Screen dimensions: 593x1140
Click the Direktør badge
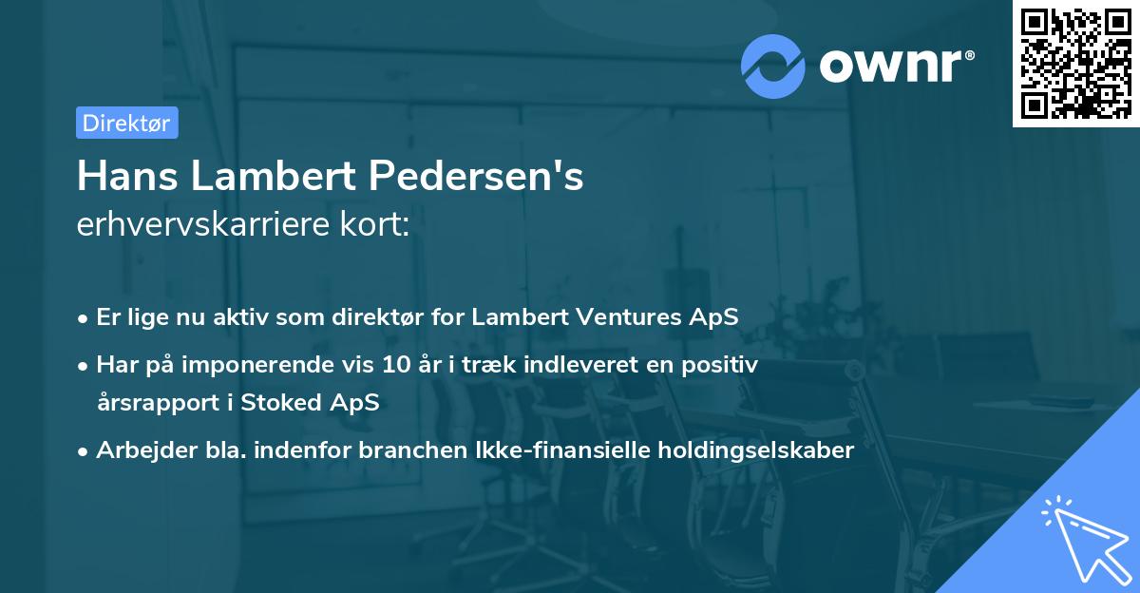pyautogui.click(x=126, y=123)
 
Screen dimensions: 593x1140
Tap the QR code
pyautogui.click(x=1075, y=63)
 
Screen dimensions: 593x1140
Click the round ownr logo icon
pyautogui.click(x=773, y=66)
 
